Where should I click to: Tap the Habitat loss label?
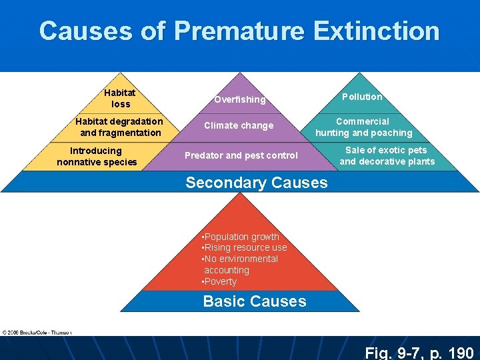coord(121,99)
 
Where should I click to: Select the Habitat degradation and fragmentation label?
coord(119,127)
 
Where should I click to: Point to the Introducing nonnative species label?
coord(97,156)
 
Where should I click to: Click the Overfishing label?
coord(239,99)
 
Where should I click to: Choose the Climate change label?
coord(239,125)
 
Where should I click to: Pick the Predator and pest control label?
coord(241,155)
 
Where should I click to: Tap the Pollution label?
coord(362,97)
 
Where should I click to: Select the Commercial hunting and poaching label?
coord(363,127)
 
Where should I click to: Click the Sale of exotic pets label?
coord(387,155)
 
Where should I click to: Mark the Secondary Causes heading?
coord(257,183)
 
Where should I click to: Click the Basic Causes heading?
coord(255,301)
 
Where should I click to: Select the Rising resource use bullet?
coord(244,247)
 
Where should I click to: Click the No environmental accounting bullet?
coord(239,264)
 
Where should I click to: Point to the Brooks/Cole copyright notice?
coord(37,331)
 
